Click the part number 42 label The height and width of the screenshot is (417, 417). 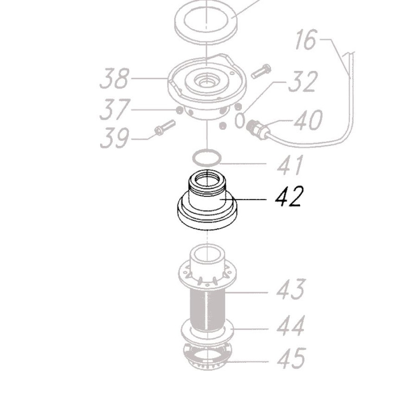click(x=288, y=197)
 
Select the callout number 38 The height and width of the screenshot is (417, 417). click(x=114, y=79)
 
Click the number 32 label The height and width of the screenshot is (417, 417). click(x=302, y=82)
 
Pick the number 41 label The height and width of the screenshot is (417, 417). click(x=290, y=166)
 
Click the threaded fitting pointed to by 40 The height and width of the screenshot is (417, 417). click(x=257, y=128)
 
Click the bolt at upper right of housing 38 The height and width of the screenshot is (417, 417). click(x=261, y=71)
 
